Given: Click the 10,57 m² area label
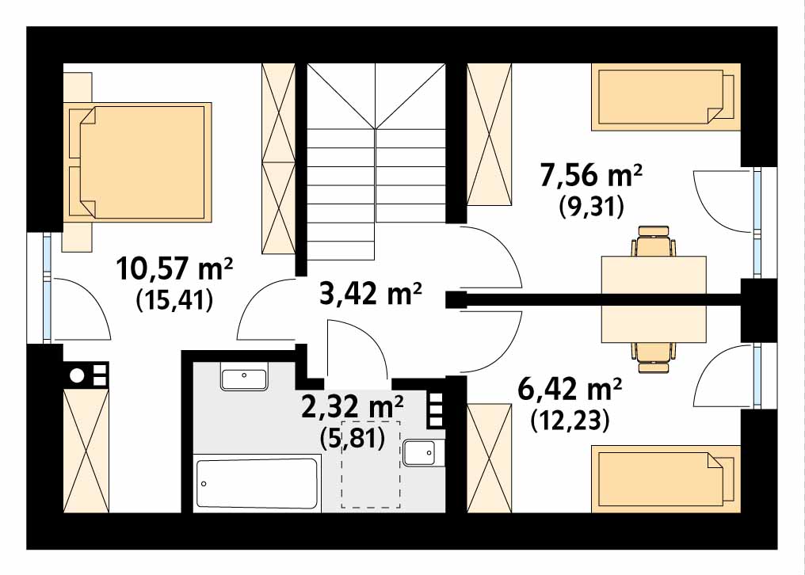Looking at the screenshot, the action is pyautogui.click(x=175, y=269).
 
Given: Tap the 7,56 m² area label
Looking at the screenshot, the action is pyautogui.click(x=591, y=176).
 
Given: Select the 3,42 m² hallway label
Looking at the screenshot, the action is pyautogui.click(x=370, y=293).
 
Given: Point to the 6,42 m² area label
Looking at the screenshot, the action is pyautogui.click(x=570, y=389).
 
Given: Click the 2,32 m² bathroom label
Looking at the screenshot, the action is pyautogui.click(x=352, y=407).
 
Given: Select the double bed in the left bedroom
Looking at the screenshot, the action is pyautogui.click(x=140, y=162).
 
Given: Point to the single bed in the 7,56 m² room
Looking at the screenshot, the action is pyautogui.click(x=666, y=97).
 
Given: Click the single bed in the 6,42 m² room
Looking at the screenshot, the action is pyautogui.click(x=666, y=479).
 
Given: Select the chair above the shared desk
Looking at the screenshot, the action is pyautogui.click(x=654, y=242).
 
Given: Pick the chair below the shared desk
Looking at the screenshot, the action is pyautogui.click(x=654, y=357).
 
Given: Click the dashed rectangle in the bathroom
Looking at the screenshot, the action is pyautogui.click(x=371, y=464).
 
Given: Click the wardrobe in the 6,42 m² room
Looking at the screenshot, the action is pyautogui.click(x=490, y=458).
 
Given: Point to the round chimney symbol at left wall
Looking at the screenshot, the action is pyautogui.click(x=77, y=375).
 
